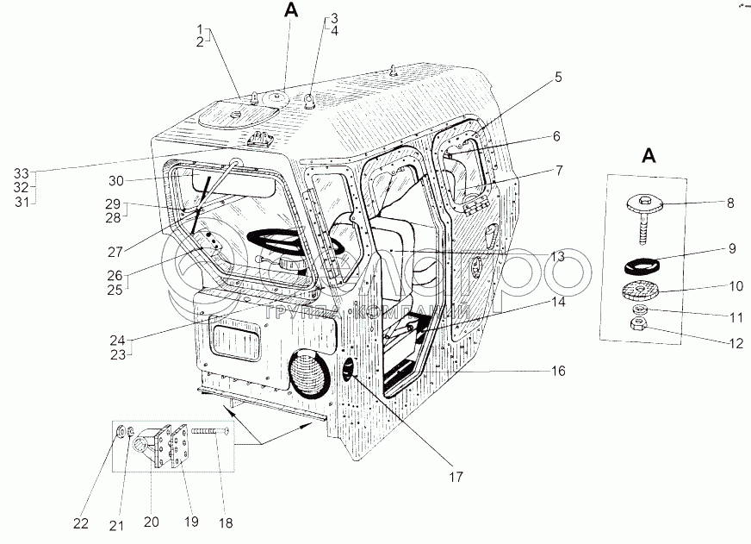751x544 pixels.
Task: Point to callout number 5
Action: click(x=557, y=77)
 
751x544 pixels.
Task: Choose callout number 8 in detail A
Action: click(x=731, y=203)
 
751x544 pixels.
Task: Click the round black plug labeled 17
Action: click(x=349, y=372)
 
